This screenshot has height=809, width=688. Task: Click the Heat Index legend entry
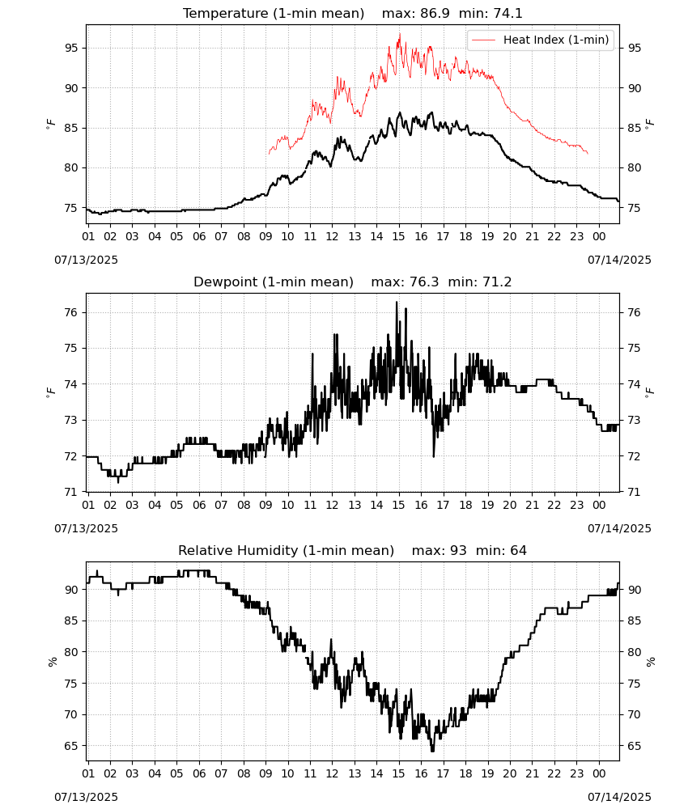tap(541, 40)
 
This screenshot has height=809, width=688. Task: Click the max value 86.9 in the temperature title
tap(435, 13)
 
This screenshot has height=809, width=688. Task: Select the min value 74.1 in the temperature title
tap(508, 13)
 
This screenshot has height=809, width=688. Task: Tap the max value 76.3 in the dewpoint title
tap(424, 282)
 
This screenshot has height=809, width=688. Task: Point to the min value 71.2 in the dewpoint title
tap(497, 282)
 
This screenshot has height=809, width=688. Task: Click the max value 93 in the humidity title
tap(458, 550)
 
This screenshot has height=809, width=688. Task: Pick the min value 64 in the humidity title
tap(519, 550)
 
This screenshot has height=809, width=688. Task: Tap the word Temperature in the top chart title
tap(226, 14)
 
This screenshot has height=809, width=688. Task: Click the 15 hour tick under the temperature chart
tap(399, 236)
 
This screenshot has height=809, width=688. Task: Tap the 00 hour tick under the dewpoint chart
tap(599, 505)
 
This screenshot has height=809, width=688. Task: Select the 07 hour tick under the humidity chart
tap(221, 773)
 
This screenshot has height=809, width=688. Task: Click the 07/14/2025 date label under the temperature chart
tap(619, 260)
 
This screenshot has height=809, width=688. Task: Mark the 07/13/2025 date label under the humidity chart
tap(86, 797)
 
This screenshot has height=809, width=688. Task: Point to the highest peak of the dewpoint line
tap(397, 302)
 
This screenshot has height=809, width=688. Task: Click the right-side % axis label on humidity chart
tap(650, 662)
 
